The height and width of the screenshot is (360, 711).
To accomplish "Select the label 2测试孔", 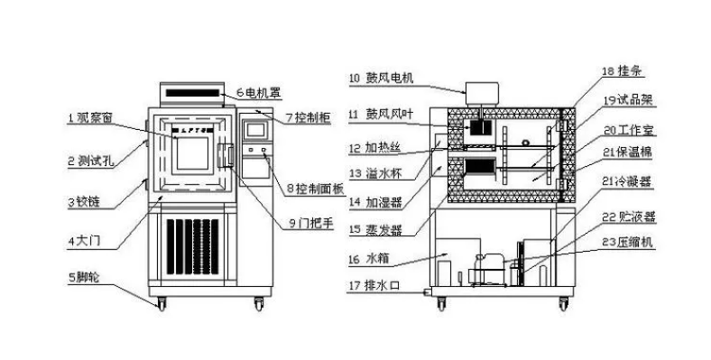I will (91, 162).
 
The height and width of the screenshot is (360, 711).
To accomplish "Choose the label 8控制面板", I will (315, 189).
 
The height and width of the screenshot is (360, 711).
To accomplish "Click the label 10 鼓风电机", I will (380, 78).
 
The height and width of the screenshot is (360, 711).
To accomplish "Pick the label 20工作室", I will (625, 129).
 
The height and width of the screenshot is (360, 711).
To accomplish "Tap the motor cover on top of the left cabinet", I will (191, 92).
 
